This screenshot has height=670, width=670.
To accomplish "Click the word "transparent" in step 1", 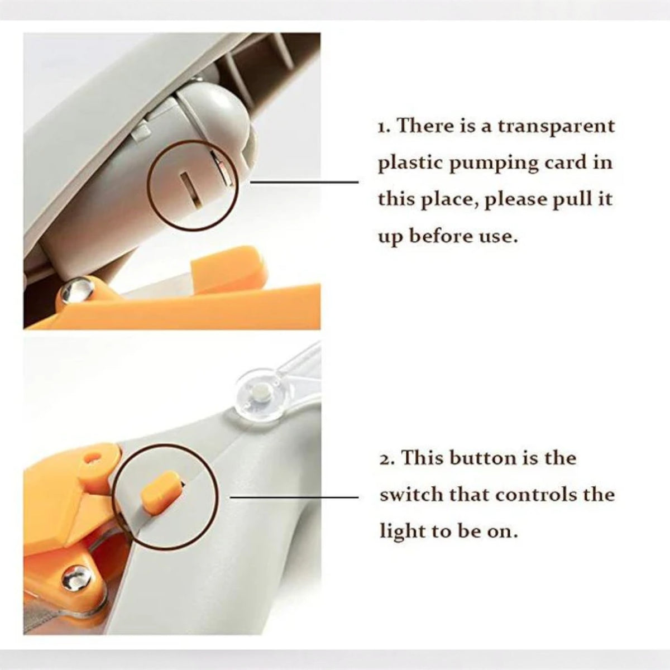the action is coord(556,126).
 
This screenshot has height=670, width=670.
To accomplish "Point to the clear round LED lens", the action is coord(257,395).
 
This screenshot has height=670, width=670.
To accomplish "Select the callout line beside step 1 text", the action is coord(304,181).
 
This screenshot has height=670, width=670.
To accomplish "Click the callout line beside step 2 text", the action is coord(294,497).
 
